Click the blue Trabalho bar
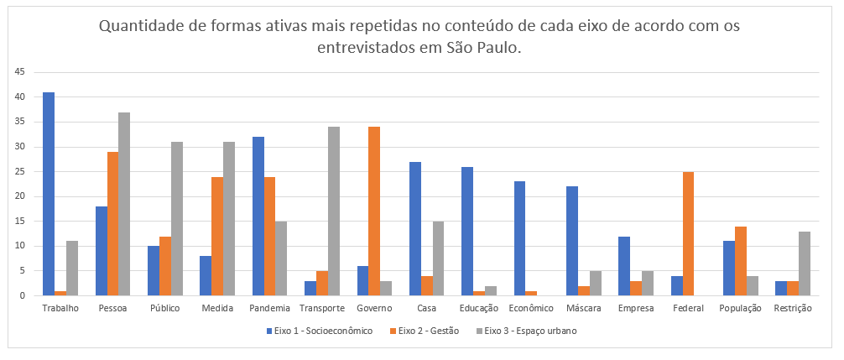coord(49,194)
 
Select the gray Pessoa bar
coord(124,204)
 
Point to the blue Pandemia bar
coord(258,217)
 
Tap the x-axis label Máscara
coord(584,308)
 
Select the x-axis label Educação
coord(479,308)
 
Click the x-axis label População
coord(741,308)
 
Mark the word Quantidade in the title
coord(140,26)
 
